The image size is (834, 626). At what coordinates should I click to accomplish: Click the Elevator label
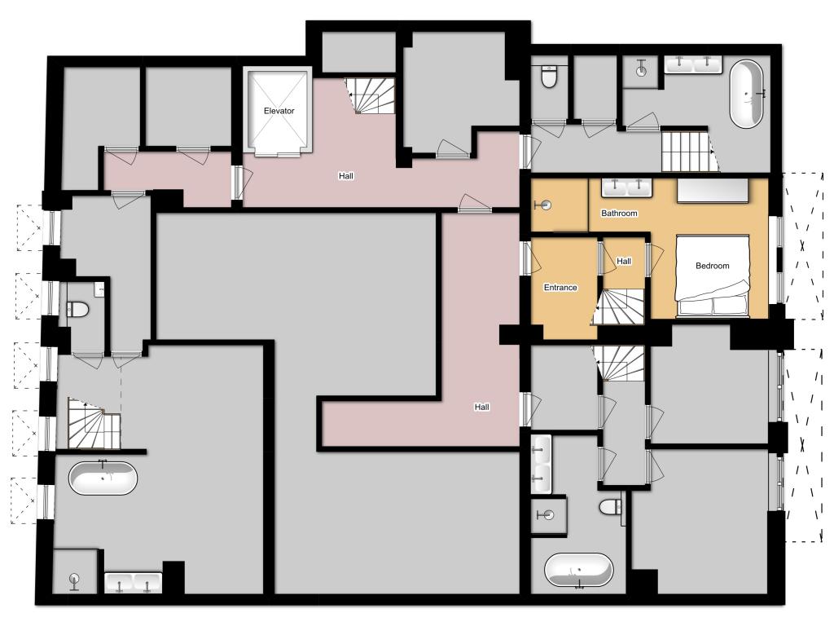[279, 111]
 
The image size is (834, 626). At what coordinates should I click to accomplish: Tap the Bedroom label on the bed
[712, 266]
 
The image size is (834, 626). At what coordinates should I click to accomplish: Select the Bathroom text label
[619, 213]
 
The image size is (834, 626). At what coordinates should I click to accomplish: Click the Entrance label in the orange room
[560, 288]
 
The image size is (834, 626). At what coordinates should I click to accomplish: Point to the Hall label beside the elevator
[345, 176]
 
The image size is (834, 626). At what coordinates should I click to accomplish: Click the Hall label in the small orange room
[624, 261]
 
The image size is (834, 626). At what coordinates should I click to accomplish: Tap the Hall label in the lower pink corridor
[482, 407]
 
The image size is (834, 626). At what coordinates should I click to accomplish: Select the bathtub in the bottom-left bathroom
[103, 478]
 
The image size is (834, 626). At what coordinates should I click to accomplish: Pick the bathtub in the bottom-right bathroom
[579, 570]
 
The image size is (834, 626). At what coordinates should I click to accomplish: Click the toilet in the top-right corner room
[548, 76]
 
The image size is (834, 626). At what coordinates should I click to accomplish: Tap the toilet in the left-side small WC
[77, 309]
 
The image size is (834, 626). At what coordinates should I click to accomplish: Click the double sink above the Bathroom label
[626, 187]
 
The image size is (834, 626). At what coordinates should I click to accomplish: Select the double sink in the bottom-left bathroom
[133, 582]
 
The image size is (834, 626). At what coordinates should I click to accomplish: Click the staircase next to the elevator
[371, 96]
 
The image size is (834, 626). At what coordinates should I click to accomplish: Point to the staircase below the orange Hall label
[619, 306]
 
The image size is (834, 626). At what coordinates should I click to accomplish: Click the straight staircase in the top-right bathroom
[687, 151]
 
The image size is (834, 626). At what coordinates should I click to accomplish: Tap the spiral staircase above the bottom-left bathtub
[94, 423]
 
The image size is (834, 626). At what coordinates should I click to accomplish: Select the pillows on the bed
[712, 306]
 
